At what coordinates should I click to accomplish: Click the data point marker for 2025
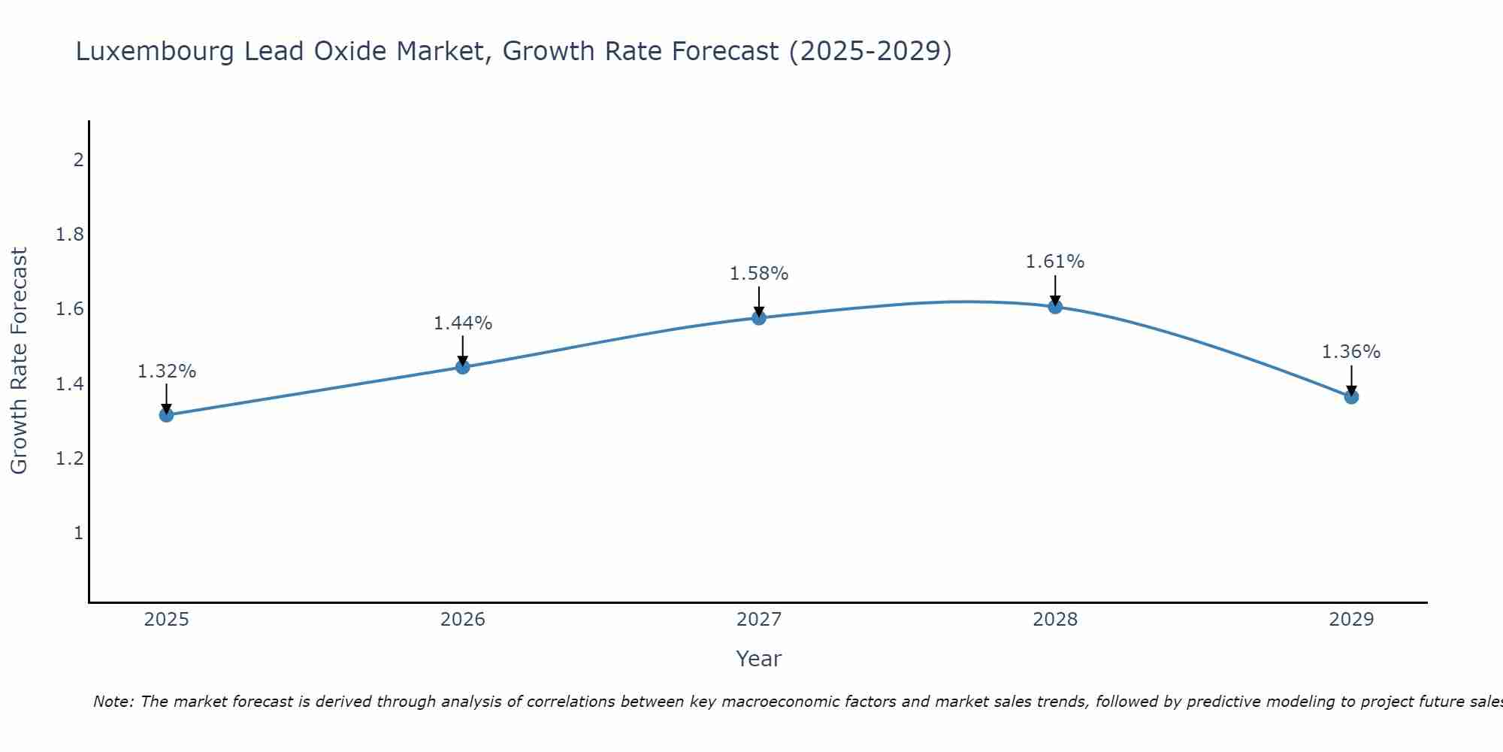[x=166, y=415]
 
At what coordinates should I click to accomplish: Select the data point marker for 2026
[x=463, y=367]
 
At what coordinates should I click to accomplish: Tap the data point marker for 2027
[x=759, y=318]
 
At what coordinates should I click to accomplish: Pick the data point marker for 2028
[x=1055, y=307]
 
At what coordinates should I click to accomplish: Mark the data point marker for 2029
[x=1351, y=397]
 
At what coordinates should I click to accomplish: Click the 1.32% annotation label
[x=166, y=371]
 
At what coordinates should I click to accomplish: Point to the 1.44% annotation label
[x=463, y=323]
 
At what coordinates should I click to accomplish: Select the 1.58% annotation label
[x=759, y=274]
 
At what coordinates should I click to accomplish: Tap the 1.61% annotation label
[x=1055, y=262]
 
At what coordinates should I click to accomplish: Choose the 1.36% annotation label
[x=1351, y=352]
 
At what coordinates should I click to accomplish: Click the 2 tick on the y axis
[x=78, y=160]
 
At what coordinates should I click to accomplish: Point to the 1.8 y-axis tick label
[x=70, y=235]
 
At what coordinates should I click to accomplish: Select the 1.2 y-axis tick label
[x=70, y=459]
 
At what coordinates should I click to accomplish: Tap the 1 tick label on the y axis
[x=78, y=533]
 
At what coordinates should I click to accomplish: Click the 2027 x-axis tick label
[x=759, y=620]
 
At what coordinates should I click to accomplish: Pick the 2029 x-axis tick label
[x=1351, y=620]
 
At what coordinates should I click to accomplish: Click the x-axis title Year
[x=759, y=659]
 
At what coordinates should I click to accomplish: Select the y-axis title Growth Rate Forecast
[x=19, y=361]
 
